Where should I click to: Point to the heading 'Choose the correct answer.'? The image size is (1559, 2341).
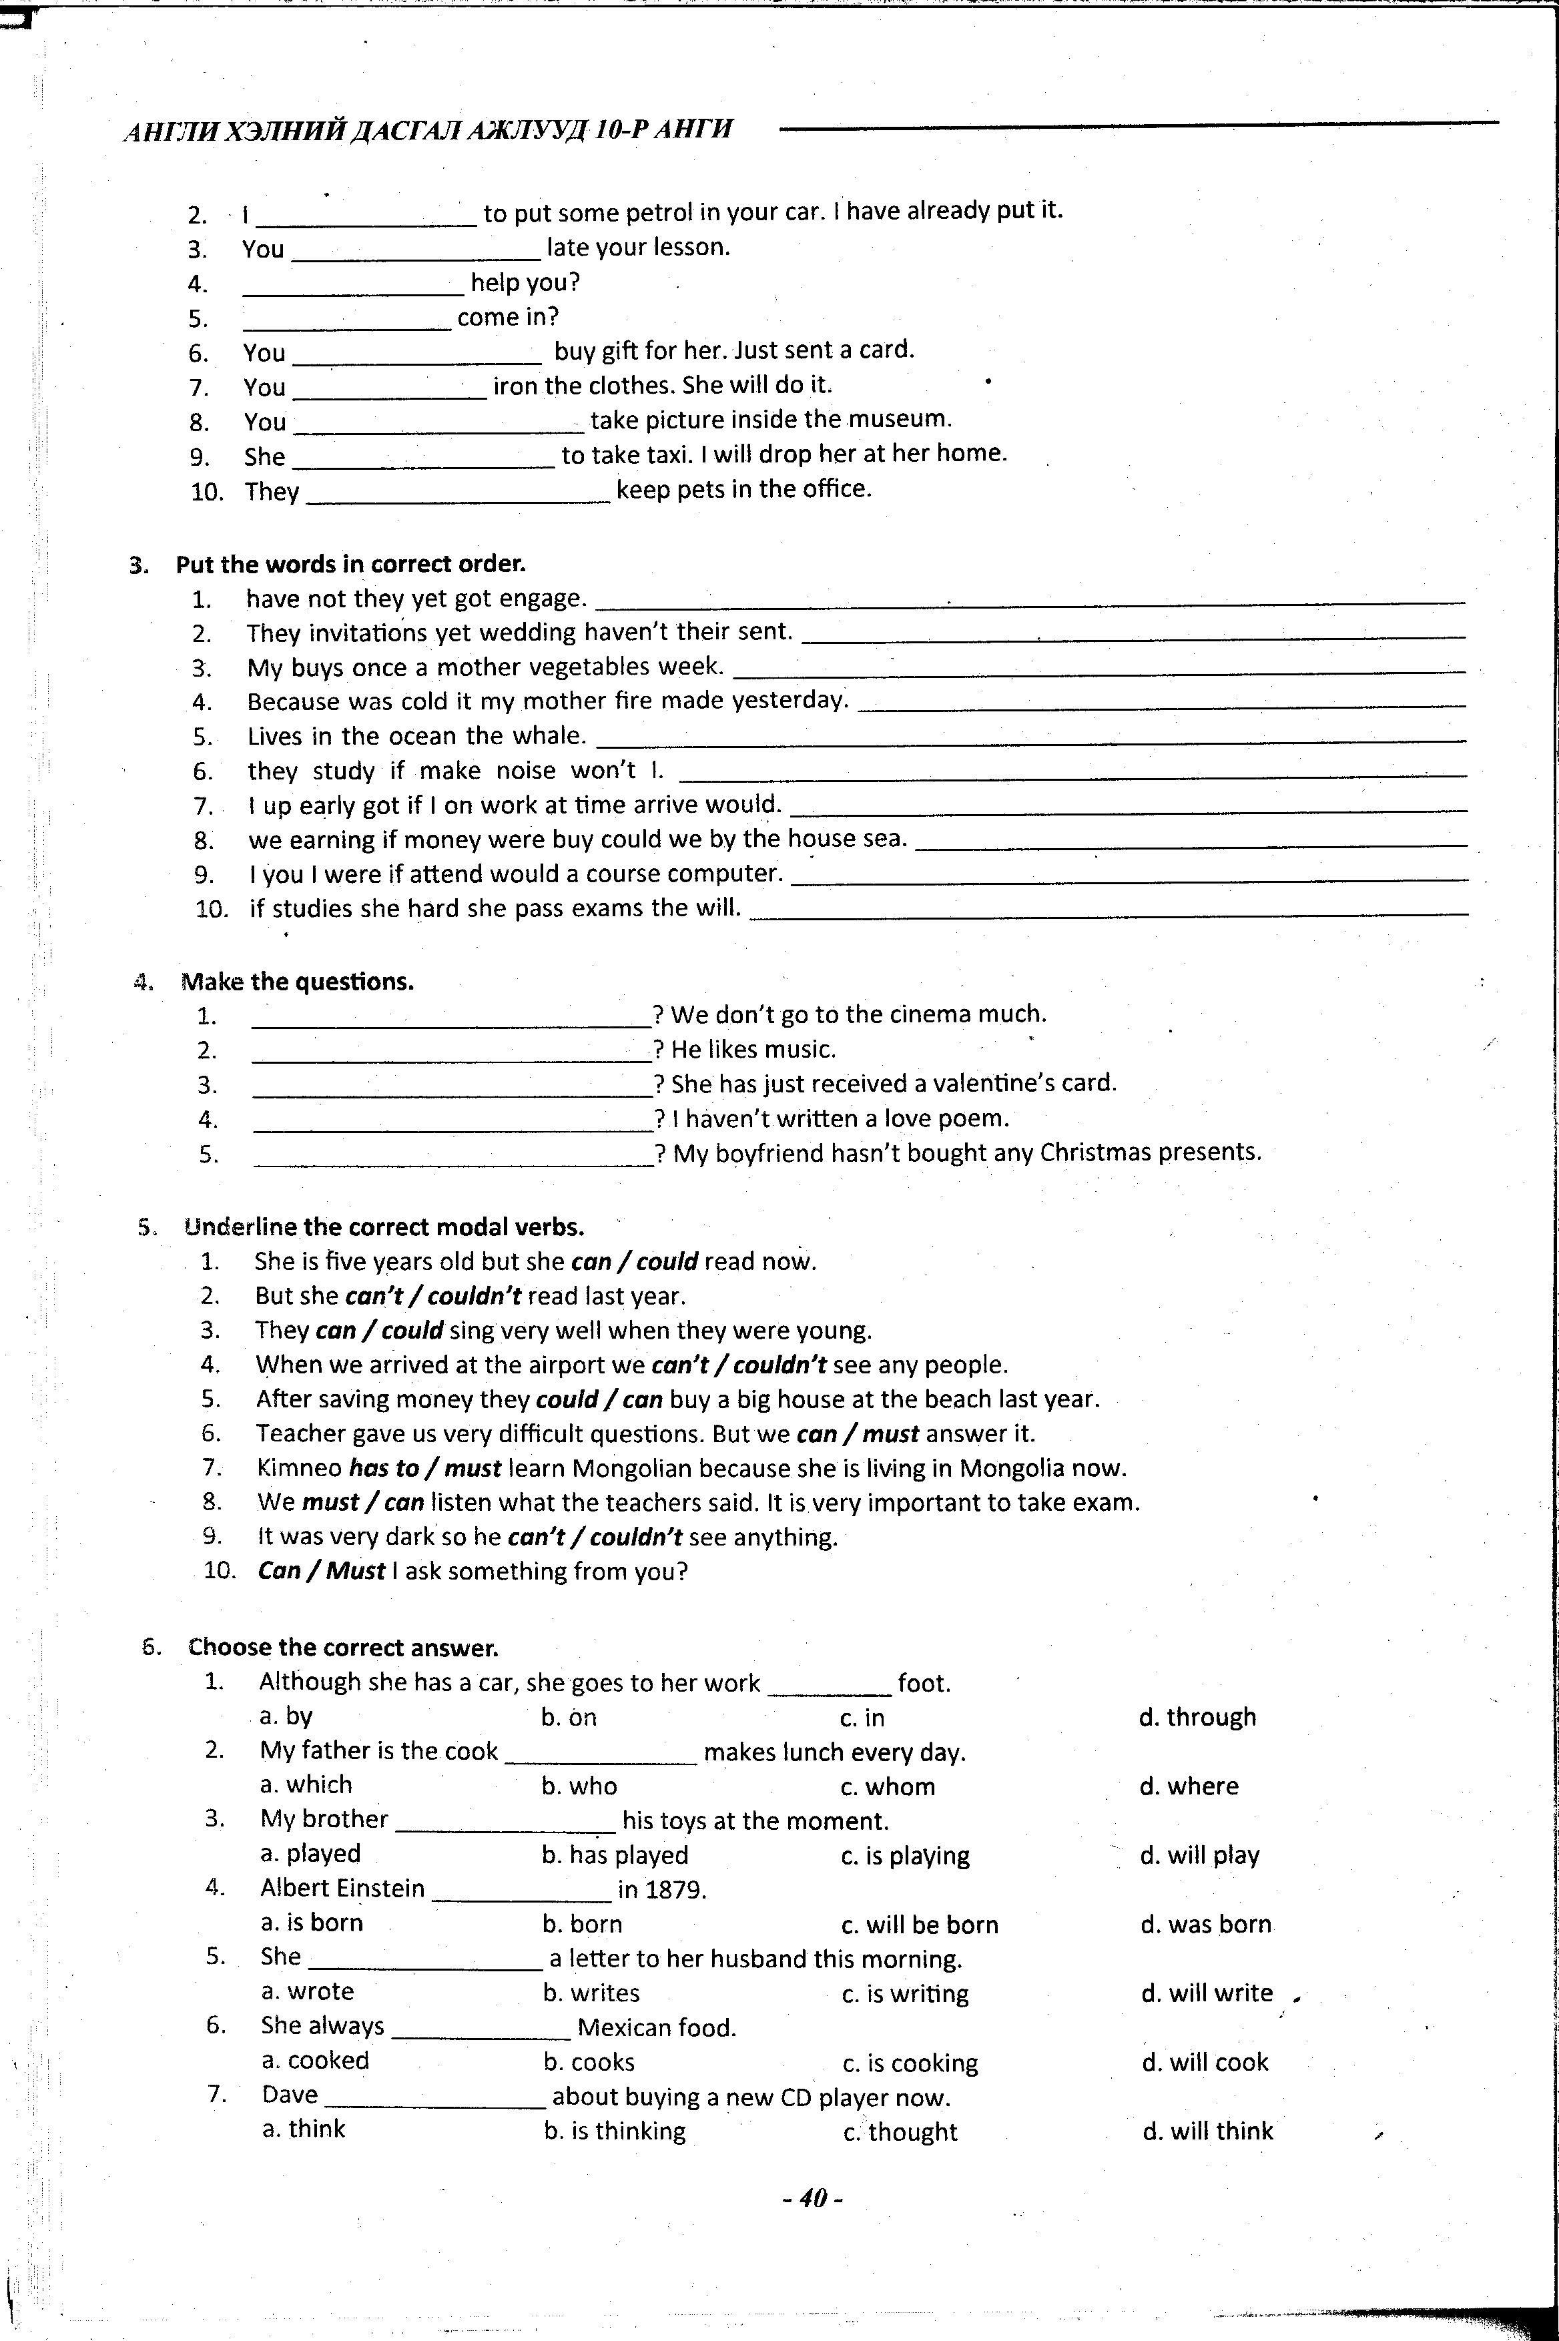(x=343, y=1647)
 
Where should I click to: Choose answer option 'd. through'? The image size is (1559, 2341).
(x=1197, y=1717)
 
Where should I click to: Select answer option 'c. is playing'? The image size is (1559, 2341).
(x=905, y=1855)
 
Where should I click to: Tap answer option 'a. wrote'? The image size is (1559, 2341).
(x=307, y=1992)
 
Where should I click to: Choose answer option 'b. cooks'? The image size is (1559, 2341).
(x=589, y=2061)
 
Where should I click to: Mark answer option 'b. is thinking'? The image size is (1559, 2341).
(x=615, y=2130)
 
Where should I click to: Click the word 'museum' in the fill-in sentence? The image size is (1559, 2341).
(x=899, y=418)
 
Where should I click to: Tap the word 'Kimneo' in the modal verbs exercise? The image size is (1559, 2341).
(x=299, y=1468)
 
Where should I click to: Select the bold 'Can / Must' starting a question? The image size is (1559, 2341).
(x=320, y=1571)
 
